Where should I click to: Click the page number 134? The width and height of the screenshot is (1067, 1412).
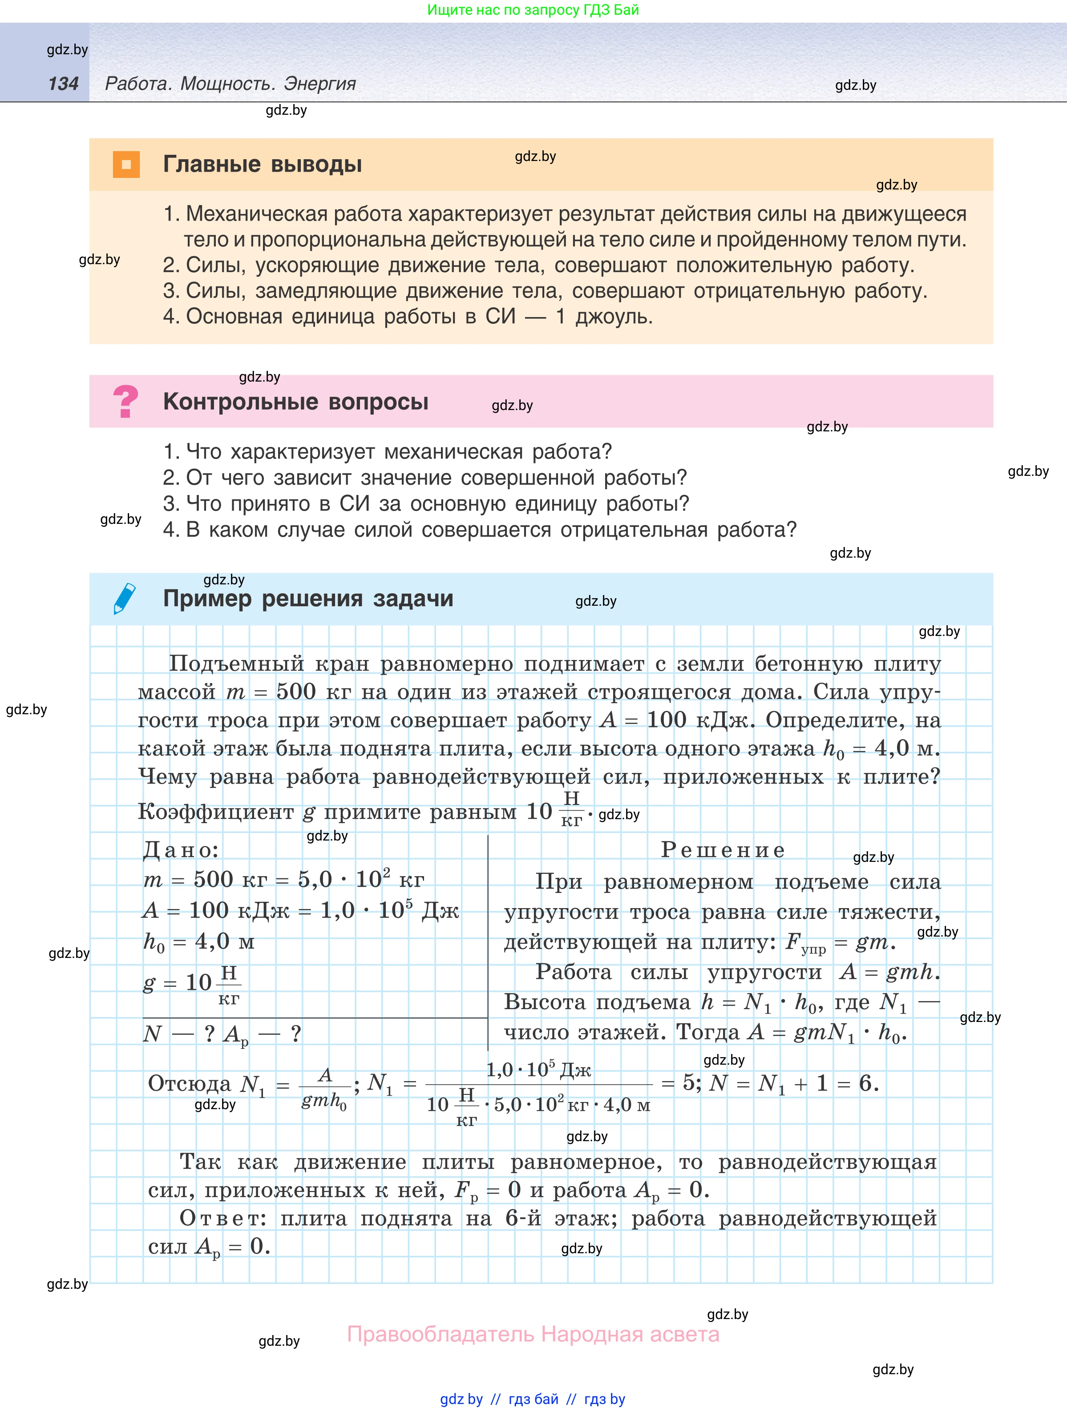(63, 84)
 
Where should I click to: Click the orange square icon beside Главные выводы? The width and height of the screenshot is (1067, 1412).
(126, 165)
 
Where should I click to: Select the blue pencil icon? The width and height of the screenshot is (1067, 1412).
(125, 598)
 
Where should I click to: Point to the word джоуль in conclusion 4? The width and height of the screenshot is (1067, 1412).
(613, 317)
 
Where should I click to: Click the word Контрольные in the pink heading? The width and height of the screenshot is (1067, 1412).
(240, 402)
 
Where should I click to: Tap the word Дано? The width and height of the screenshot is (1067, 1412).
(181, 849)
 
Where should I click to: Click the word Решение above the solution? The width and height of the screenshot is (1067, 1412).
(722, 849)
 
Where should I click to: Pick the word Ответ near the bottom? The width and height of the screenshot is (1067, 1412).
(222, 1218)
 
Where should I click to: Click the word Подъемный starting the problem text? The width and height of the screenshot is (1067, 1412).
(236, 664)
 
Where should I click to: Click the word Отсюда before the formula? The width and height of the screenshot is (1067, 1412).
(189, 1083)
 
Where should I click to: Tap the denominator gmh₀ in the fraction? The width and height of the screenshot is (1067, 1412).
(324, 1101)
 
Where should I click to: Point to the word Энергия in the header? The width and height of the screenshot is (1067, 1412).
(319, 84)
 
